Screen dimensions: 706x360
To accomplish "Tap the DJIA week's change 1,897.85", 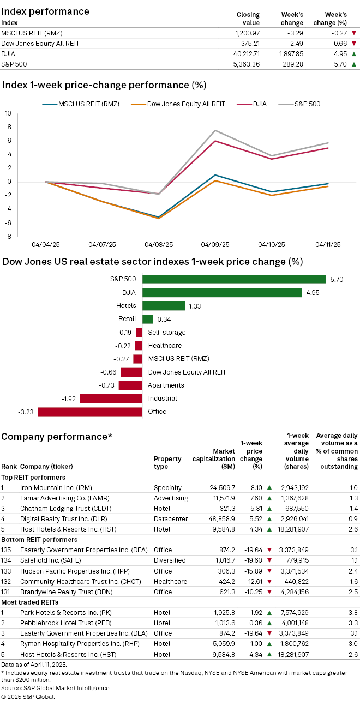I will click(x=289, y=53).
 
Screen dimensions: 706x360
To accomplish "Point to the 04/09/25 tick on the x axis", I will click(x=215, y=245).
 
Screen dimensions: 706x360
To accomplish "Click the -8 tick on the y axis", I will click(x=8, y=237).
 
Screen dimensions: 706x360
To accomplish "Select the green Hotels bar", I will click(x=164, y=306).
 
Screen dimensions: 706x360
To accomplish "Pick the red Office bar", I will click(x=89, y=412).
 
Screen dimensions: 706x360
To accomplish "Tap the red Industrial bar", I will click(x=111, y=399).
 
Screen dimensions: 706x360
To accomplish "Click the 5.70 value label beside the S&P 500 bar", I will click(x=336, y=280).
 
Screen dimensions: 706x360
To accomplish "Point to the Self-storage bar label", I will click(x=167, y=333).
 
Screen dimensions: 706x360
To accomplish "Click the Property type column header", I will click(x=167, y=462).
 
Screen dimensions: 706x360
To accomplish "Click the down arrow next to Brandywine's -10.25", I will click(x=269, y=591).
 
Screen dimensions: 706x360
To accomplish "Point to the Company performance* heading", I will click(x=57, y=437).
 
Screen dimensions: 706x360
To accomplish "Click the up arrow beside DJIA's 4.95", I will click(x=353, y=53).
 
